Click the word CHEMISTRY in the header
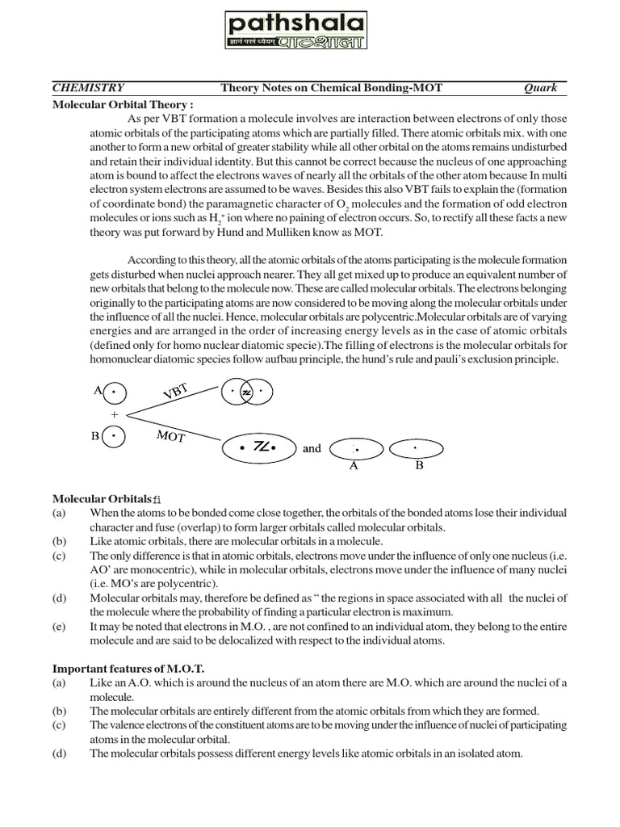tap(89, 88)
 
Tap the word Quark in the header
tap(540, 88)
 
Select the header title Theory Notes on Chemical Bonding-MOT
tap(331, 88)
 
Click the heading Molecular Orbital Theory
tap(123, 104)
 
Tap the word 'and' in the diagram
tap(312, 448)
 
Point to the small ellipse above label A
tap(354, 447)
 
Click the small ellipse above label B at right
tap(416, 447)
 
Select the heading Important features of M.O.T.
tap(129, 670)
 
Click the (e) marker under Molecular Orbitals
tap(59, 627)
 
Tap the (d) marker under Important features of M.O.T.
tap(59, 754)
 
